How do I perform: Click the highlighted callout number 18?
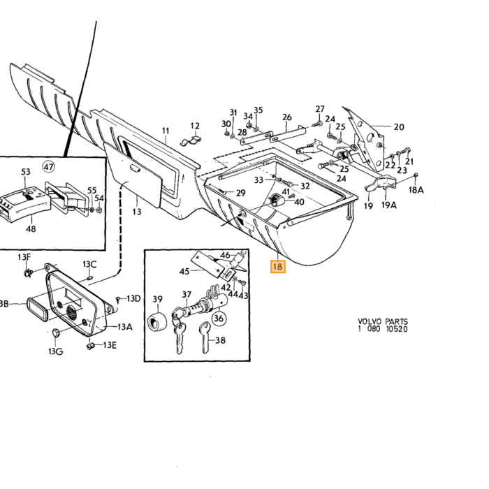tap(277, 267)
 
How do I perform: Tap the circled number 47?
tap(48, 167)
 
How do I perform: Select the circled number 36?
tap(219, 319)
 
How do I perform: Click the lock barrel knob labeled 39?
tap(157, 322)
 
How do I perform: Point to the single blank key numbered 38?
tap(205, 337)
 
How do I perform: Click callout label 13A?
tap(125, 327)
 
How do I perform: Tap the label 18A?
tap(416, 189)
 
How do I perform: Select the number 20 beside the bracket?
tap(399, 127)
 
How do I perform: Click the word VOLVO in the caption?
tap(370, 321)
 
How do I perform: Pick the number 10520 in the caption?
tap(397, 329)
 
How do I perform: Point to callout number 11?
tap(166, 131)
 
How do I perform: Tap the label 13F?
tap(24, 257)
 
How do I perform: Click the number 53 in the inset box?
tap(26, 172)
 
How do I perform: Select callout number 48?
tap(31, 229)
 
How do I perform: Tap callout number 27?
tap(320, 109)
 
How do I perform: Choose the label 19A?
tap(389, 205)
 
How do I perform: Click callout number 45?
tap(184, 271)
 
